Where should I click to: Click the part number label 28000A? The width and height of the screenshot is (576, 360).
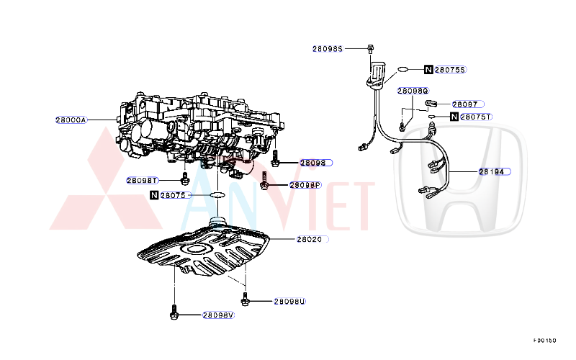click(x=71, y=120)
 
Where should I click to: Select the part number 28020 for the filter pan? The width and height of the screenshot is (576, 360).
click(x=309, y=239)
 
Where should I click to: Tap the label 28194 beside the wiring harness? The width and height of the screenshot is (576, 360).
click(x=495, y=172)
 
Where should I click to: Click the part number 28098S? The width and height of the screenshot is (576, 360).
click(x=327, y=49)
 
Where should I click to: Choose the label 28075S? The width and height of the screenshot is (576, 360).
click(x=451, y=70)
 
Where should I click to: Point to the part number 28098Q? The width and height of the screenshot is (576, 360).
click(x=413, y=91)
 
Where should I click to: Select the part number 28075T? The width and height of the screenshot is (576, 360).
click(x=476, y=117)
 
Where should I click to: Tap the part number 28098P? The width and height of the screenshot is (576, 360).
click(x=305, y=185)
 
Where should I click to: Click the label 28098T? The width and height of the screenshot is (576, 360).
click(x=142, y=180)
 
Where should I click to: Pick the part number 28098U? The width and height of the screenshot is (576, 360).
click(x=289, y=302)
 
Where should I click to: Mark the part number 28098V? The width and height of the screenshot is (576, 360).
click(x=218, y=315)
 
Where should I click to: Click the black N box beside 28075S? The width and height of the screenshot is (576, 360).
click(x=428, y=70)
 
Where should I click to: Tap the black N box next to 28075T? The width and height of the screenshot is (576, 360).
click(x=454, y=117)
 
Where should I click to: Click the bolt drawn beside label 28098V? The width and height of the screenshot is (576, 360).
click(x=174, y=312)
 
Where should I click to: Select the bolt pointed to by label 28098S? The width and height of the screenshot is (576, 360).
click(x=369, y=49)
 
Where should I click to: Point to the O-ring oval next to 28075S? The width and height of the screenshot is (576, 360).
click(x=405, y=70)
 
